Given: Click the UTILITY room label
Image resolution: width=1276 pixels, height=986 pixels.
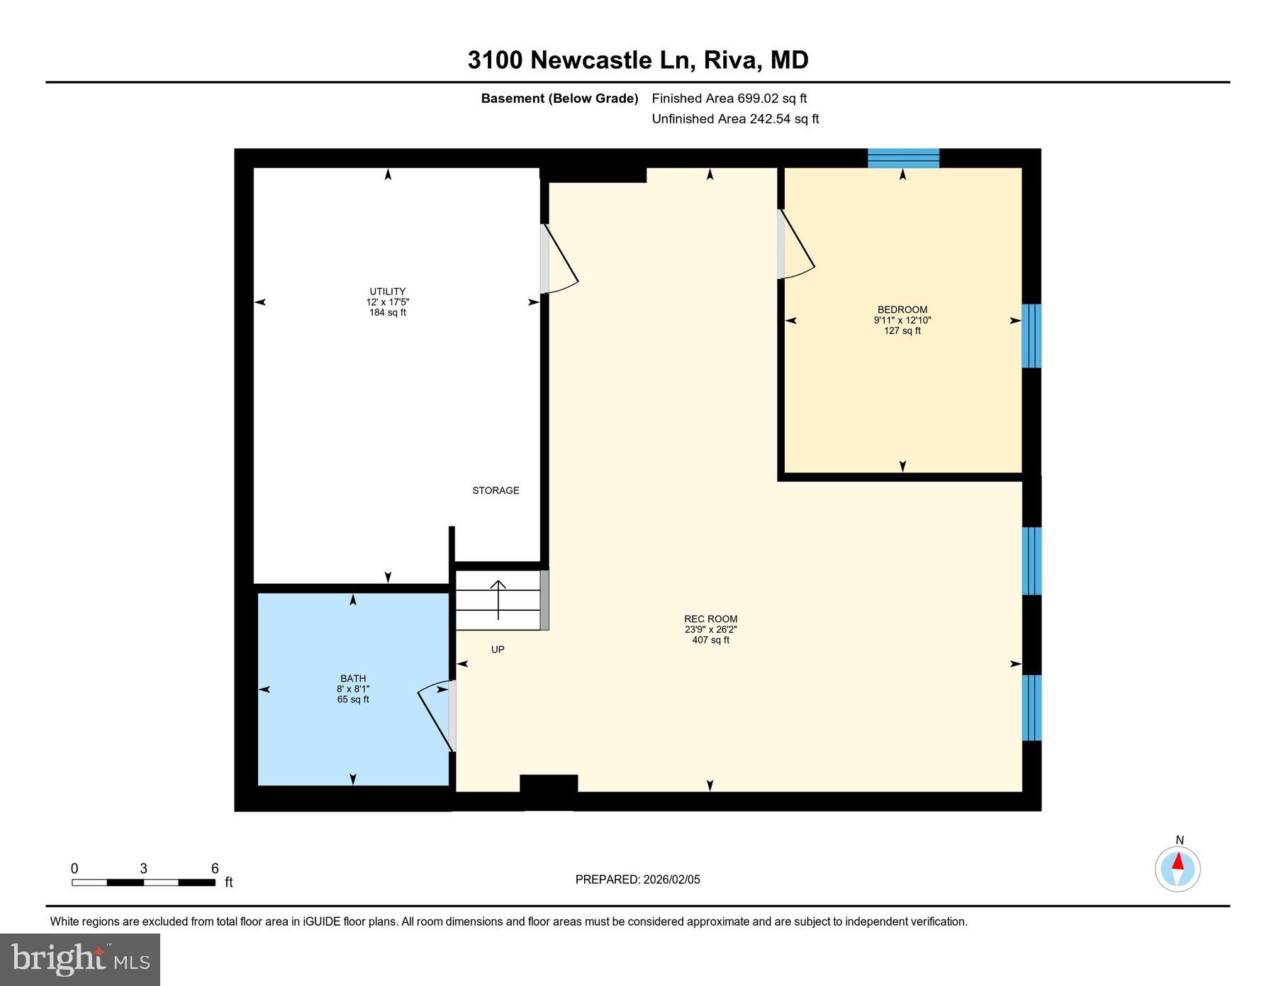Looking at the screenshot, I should click(x=388, y=292).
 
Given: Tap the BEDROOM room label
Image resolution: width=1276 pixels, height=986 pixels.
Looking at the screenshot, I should click(x=902, y=310).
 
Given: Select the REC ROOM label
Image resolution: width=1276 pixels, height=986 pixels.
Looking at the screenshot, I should click(x=710, y=619).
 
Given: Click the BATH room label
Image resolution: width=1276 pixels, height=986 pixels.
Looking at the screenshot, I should click(x=353, y=679).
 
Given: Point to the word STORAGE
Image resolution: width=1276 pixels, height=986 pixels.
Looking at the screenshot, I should click(x=496, y=491).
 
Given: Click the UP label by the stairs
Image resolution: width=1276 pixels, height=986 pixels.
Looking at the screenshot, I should click(x=498, y=650).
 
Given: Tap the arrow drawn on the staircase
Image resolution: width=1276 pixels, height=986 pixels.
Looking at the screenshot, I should click(x=498, y=600).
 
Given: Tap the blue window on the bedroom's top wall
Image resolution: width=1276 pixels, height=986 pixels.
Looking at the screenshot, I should click(x=903, y=157).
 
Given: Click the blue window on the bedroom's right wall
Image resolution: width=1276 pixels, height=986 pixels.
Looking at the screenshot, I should click(x=1031, y=336).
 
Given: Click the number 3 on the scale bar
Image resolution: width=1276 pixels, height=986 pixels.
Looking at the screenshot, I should click(x=143, y=869).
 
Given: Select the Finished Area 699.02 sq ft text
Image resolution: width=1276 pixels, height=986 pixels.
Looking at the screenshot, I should click(x=729, y=99).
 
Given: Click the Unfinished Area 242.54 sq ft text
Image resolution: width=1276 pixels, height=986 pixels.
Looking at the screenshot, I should click(x=735, y=119).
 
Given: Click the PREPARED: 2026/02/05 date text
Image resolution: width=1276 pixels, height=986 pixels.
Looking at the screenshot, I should click(x=637, y=880).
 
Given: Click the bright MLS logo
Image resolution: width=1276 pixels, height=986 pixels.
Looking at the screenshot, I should click(x=80, y=960).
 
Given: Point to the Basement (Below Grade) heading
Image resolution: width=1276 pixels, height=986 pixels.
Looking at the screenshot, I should click(x=559, y=99).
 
